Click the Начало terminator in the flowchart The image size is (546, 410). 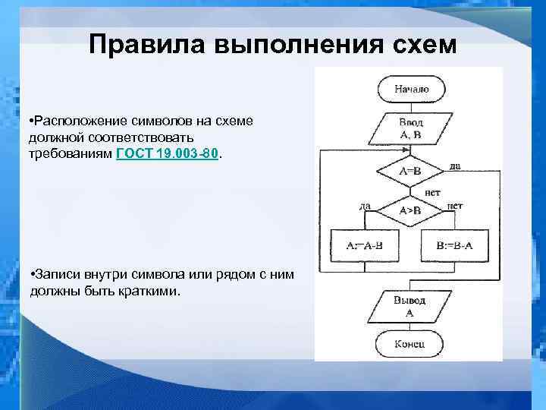click(410, 90)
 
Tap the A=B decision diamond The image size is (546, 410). click(410, 172)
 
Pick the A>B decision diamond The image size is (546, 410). click(410, 210)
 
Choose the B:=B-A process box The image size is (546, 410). click(454, 245)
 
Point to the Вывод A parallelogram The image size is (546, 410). click(409, 306)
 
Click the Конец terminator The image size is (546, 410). click(409, 344)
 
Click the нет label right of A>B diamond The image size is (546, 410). click(456, 205)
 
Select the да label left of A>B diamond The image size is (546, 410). click(365, 205)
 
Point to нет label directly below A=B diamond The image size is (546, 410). click(432, 192)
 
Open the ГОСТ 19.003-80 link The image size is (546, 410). click(168, 153)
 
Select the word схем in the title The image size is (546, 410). click(419, 45)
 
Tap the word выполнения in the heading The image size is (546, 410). click(287, 45)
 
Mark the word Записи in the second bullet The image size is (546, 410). click(55, 273)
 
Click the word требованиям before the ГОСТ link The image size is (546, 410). click(71, 153)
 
